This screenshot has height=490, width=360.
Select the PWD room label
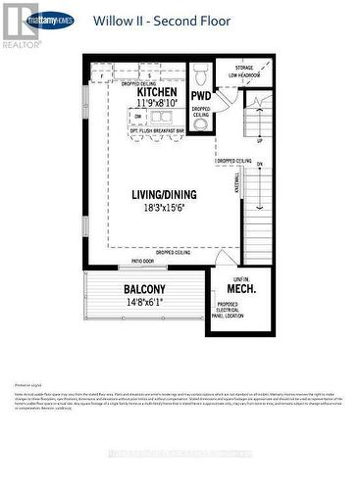tap(201, 95)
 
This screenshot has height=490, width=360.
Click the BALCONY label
tap(144, 289)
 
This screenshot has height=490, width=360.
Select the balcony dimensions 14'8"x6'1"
tap(144, 303)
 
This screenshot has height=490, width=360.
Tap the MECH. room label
tap(241, 290)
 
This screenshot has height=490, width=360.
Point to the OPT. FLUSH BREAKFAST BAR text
tap(152, 129)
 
